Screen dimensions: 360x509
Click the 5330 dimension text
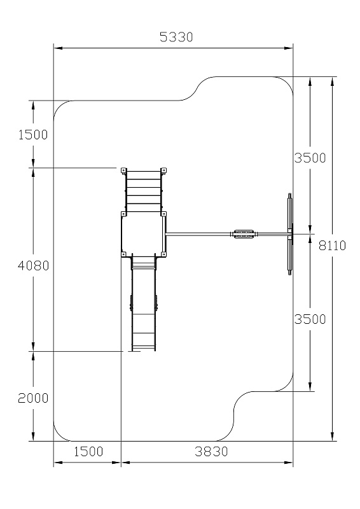pyautogui.click(x=176, y=37)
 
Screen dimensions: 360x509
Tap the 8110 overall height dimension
pyautogui.click(x=332, y=246)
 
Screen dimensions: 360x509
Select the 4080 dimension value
pyautogui.click(x=33, y=265)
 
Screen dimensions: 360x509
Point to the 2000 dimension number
pyautogui.click(x=33, y=398)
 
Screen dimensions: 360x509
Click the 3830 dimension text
pyautogui.click(x=211, y=451)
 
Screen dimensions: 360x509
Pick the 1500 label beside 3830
pyautogui.click(x=88, y=451)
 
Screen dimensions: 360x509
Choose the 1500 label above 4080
pyautogui.click(x=33, y=134)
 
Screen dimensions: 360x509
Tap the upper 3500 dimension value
pyautogui.click(x=310, y=158)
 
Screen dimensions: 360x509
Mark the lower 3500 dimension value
pyautogui.click(x=310, y=319)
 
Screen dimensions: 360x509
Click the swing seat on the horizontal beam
pyautogui.click(x=242, y=234)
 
